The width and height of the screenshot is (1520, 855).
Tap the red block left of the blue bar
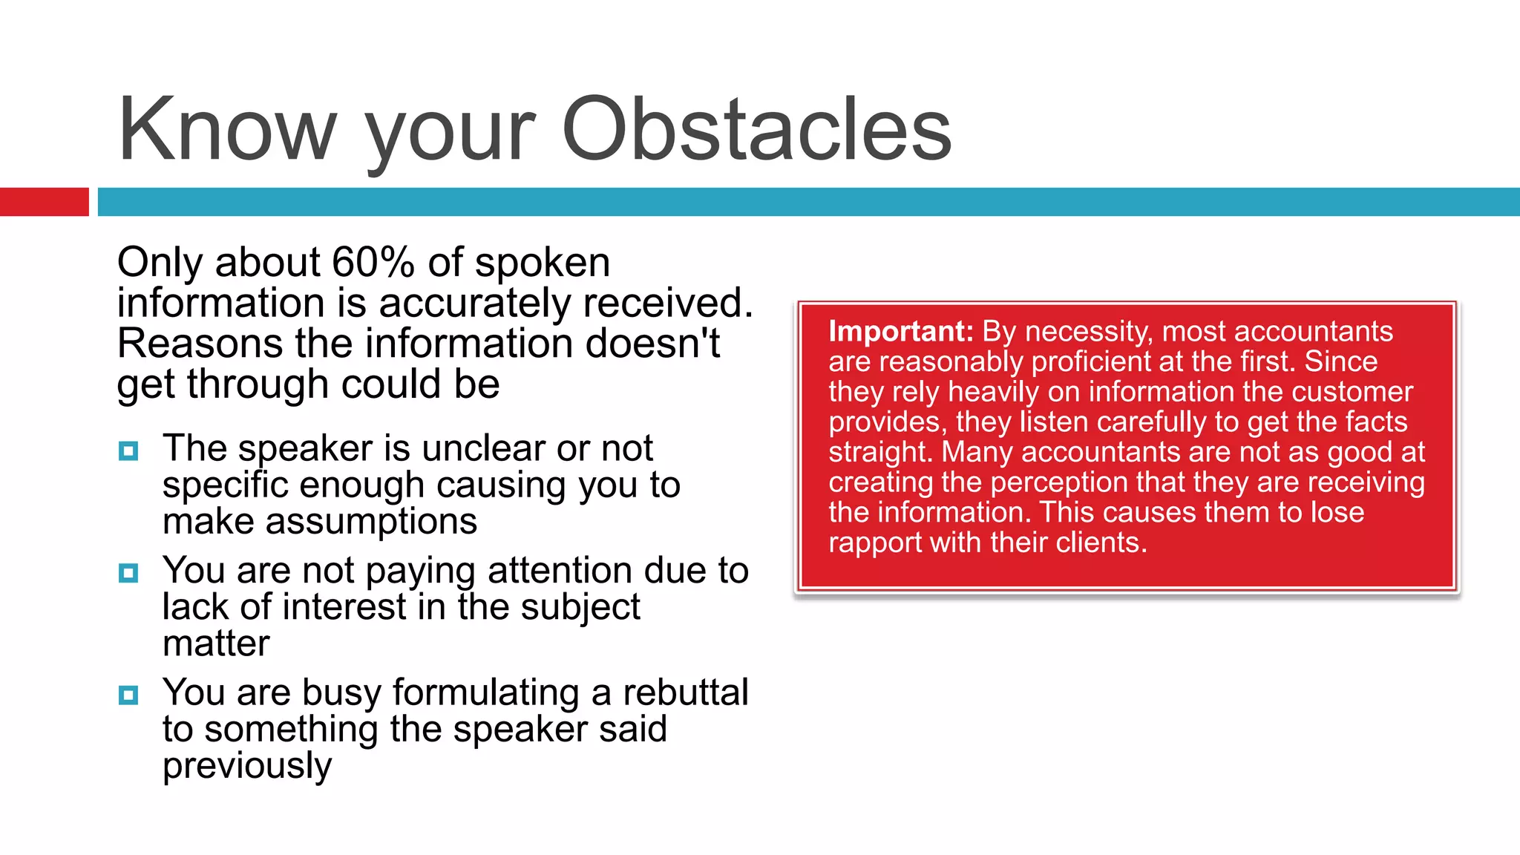(44, 202)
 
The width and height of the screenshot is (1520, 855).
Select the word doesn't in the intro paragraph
(652, 344)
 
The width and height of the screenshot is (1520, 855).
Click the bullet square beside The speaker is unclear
(128, 451)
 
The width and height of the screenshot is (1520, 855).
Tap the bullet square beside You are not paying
(128, 573)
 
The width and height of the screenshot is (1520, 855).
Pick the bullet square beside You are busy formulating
(128, 695)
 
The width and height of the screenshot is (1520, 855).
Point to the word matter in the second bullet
(216, 643)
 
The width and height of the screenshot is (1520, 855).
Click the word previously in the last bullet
(247, 766)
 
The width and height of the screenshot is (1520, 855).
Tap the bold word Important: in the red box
(900, 331)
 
